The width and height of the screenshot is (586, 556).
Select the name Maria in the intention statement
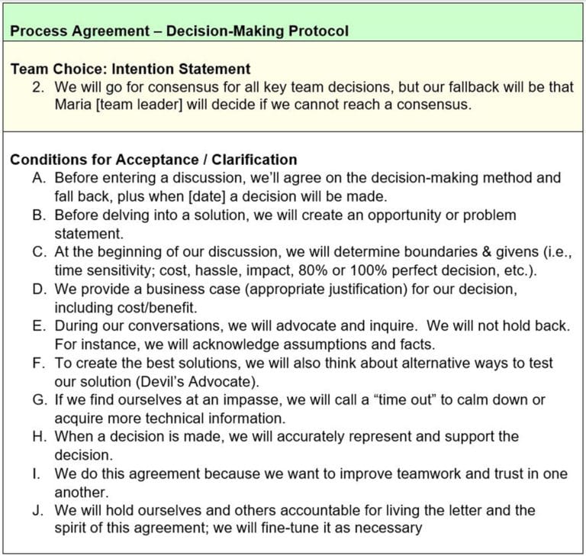coord(74,104)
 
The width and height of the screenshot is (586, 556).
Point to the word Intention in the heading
coord(147,69)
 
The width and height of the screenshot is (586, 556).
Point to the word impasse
coord(245,399)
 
